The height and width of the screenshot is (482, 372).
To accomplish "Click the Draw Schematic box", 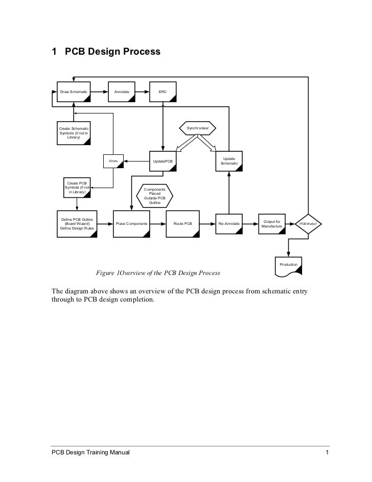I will coord(74,91).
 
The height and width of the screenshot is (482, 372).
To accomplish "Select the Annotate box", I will coord(122,91).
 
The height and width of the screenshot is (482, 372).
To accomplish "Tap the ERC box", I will coord(162,91).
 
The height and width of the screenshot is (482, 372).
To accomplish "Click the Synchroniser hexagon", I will coord(197,127).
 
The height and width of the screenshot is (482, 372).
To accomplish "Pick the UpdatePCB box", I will coord(163,162).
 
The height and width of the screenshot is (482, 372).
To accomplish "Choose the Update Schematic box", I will coord(229,161).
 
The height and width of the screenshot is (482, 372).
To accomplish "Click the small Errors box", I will coord(113,162).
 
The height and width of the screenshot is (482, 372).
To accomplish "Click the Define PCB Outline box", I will coord(77,224).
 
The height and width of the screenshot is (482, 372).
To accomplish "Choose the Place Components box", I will coord(132,224).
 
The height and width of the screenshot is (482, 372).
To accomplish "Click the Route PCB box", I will coord(182,224).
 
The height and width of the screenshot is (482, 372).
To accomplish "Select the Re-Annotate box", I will coord(229,224).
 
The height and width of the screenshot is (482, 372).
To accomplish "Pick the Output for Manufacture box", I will coord(271,224).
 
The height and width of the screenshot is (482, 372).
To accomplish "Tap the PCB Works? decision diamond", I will coord(309,224).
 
